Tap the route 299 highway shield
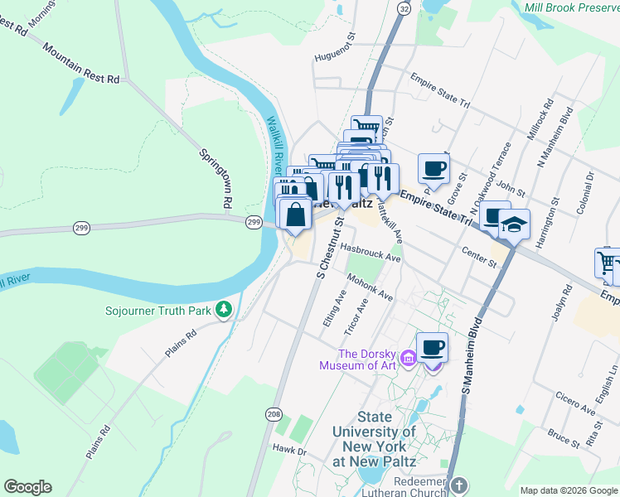254,222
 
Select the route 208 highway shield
274,413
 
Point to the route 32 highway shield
403,7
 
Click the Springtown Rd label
214,177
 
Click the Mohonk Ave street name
370,287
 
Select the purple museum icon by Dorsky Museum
408,359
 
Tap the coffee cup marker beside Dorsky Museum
432,348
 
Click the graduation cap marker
514,224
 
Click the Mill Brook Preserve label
571,7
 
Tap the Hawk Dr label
290,451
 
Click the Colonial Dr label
590,190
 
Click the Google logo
27,487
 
